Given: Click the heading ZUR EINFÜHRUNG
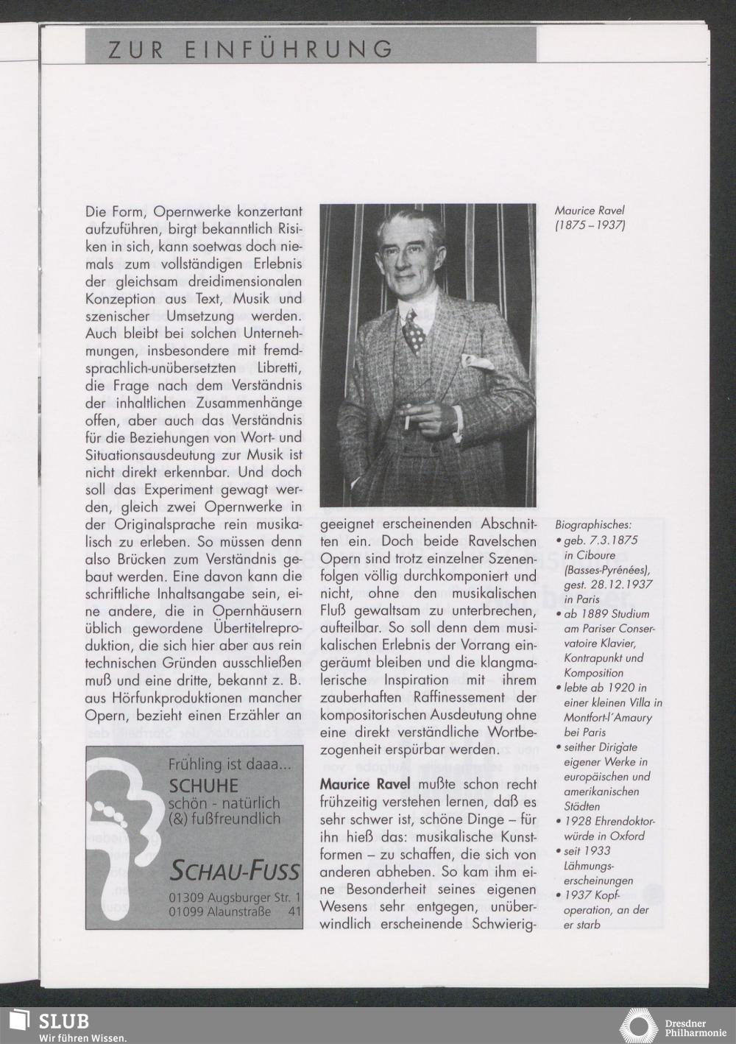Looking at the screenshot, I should [250, 49].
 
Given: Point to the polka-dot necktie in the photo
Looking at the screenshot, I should [417, 331].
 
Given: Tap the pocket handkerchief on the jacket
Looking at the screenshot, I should [473, 361].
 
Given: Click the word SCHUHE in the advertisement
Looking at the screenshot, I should [204, 786].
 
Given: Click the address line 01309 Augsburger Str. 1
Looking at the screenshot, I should [234, 899].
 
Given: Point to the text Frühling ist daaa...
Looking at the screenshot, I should [230, 766].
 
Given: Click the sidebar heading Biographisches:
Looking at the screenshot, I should [593, 526].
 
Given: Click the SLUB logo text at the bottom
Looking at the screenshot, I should [64, 1021].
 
